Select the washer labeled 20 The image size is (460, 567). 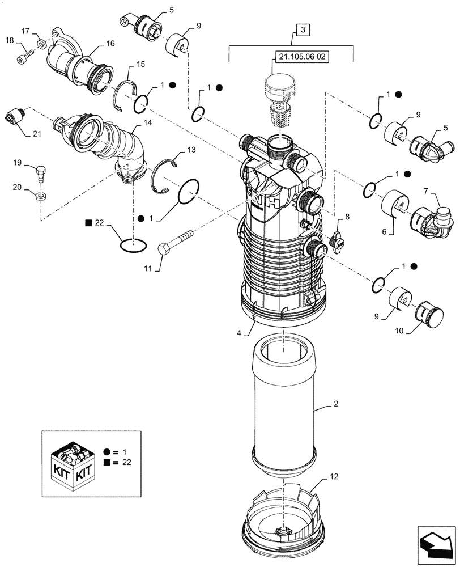(x=40, y=196)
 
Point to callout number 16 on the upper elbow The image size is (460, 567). (x=109, y=43)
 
